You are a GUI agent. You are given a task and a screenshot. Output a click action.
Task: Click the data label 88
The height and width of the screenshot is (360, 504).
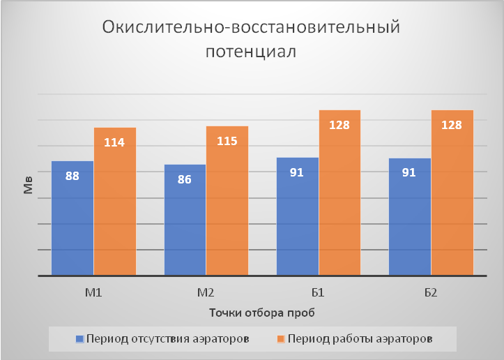coord(72,176)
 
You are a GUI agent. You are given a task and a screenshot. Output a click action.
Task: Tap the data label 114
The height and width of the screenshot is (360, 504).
coord(114,142)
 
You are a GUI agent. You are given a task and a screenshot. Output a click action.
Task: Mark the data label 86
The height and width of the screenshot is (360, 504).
coord(185,179)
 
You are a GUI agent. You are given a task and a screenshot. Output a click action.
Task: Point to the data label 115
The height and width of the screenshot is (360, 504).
coord(227,141)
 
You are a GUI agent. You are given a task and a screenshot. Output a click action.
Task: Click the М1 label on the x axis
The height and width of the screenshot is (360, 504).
coord(93,292)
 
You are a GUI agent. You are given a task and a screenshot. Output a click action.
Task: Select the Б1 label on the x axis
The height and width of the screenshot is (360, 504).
coord(319,292)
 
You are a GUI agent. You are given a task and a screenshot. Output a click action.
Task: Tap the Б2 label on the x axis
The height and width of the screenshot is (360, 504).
coord(431,292)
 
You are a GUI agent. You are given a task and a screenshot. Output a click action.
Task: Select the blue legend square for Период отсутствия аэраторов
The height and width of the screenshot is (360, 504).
coord(80,340)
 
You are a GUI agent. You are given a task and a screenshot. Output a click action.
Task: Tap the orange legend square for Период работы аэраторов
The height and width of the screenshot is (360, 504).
coord(282,340)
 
